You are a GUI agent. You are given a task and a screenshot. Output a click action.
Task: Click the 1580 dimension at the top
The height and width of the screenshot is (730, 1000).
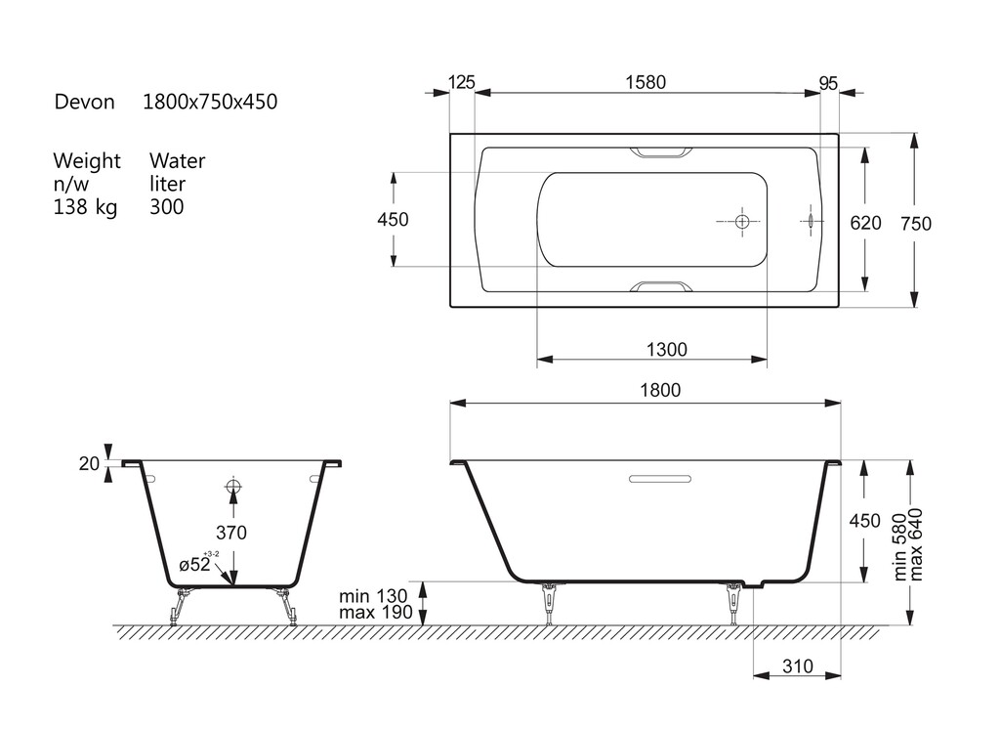pos(646,82)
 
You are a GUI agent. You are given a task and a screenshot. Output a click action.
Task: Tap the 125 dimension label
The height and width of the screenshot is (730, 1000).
pos(461,82)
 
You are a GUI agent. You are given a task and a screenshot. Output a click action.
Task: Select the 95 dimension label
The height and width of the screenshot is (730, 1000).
pos(828,84)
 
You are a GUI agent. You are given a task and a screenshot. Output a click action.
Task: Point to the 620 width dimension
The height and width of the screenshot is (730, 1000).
pos(865,223)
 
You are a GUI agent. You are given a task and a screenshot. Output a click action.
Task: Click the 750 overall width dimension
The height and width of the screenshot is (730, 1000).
pos(916,224)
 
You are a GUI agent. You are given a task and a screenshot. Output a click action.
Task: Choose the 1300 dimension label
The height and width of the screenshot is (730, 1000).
pos(666,350)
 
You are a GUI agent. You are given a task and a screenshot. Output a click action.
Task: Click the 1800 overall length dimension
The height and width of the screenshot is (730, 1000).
pos(660,390)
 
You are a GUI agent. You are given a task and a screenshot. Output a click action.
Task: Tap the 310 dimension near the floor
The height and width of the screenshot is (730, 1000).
pos(797,666)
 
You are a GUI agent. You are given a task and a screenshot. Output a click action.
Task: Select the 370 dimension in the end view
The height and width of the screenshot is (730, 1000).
pos(230,533)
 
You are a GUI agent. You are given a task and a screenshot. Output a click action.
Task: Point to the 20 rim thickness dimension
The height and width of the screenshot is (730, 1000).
pos(89,463)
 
